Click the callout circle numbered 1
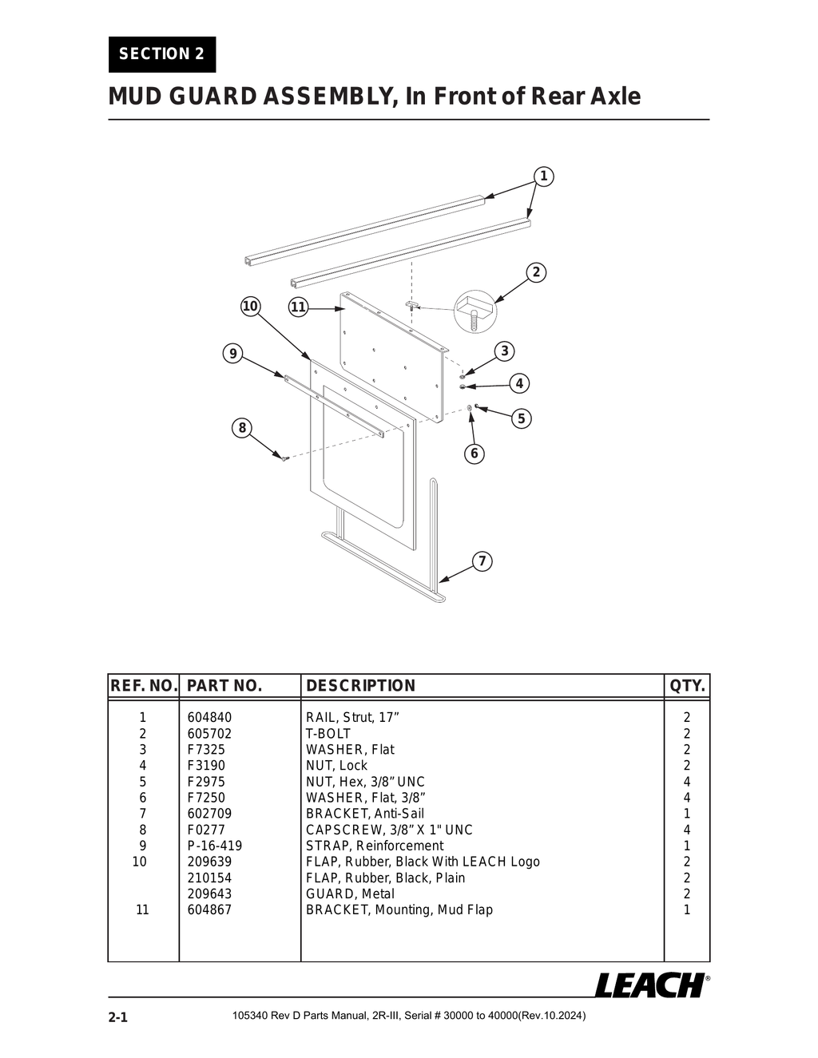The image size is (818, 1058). (543, 176)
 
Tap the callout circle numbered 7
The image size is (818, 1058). (482, 561)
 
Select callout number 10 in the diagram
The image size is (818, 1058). (250, 307)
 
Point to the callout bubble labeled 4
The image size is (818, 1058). (519, 383)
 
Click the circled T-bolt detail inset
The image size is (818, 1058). (475, 311)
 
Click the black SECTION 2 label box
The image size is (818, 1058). (162, 54)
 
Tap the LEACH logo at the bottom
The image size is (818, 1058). (650, 985)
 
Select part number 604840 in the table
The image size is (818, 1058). (209, 718)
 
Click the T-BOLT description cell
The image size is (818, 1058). (328, 734)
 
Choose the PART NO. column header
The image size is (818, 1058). (224, 686)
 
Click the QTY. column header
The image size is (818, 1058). (687, 686)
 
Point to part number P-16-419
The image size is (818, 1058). (214, 846)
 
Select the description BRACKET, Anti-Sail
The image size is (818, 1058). (365, 814)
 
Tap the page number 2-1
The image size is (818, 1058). (118, 1018)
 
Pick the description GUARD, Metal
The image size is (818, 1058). (350, 894)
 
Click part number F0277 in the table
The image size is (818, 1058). (206, 830)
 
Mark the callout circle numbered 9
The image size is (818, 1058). (232, 354)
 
